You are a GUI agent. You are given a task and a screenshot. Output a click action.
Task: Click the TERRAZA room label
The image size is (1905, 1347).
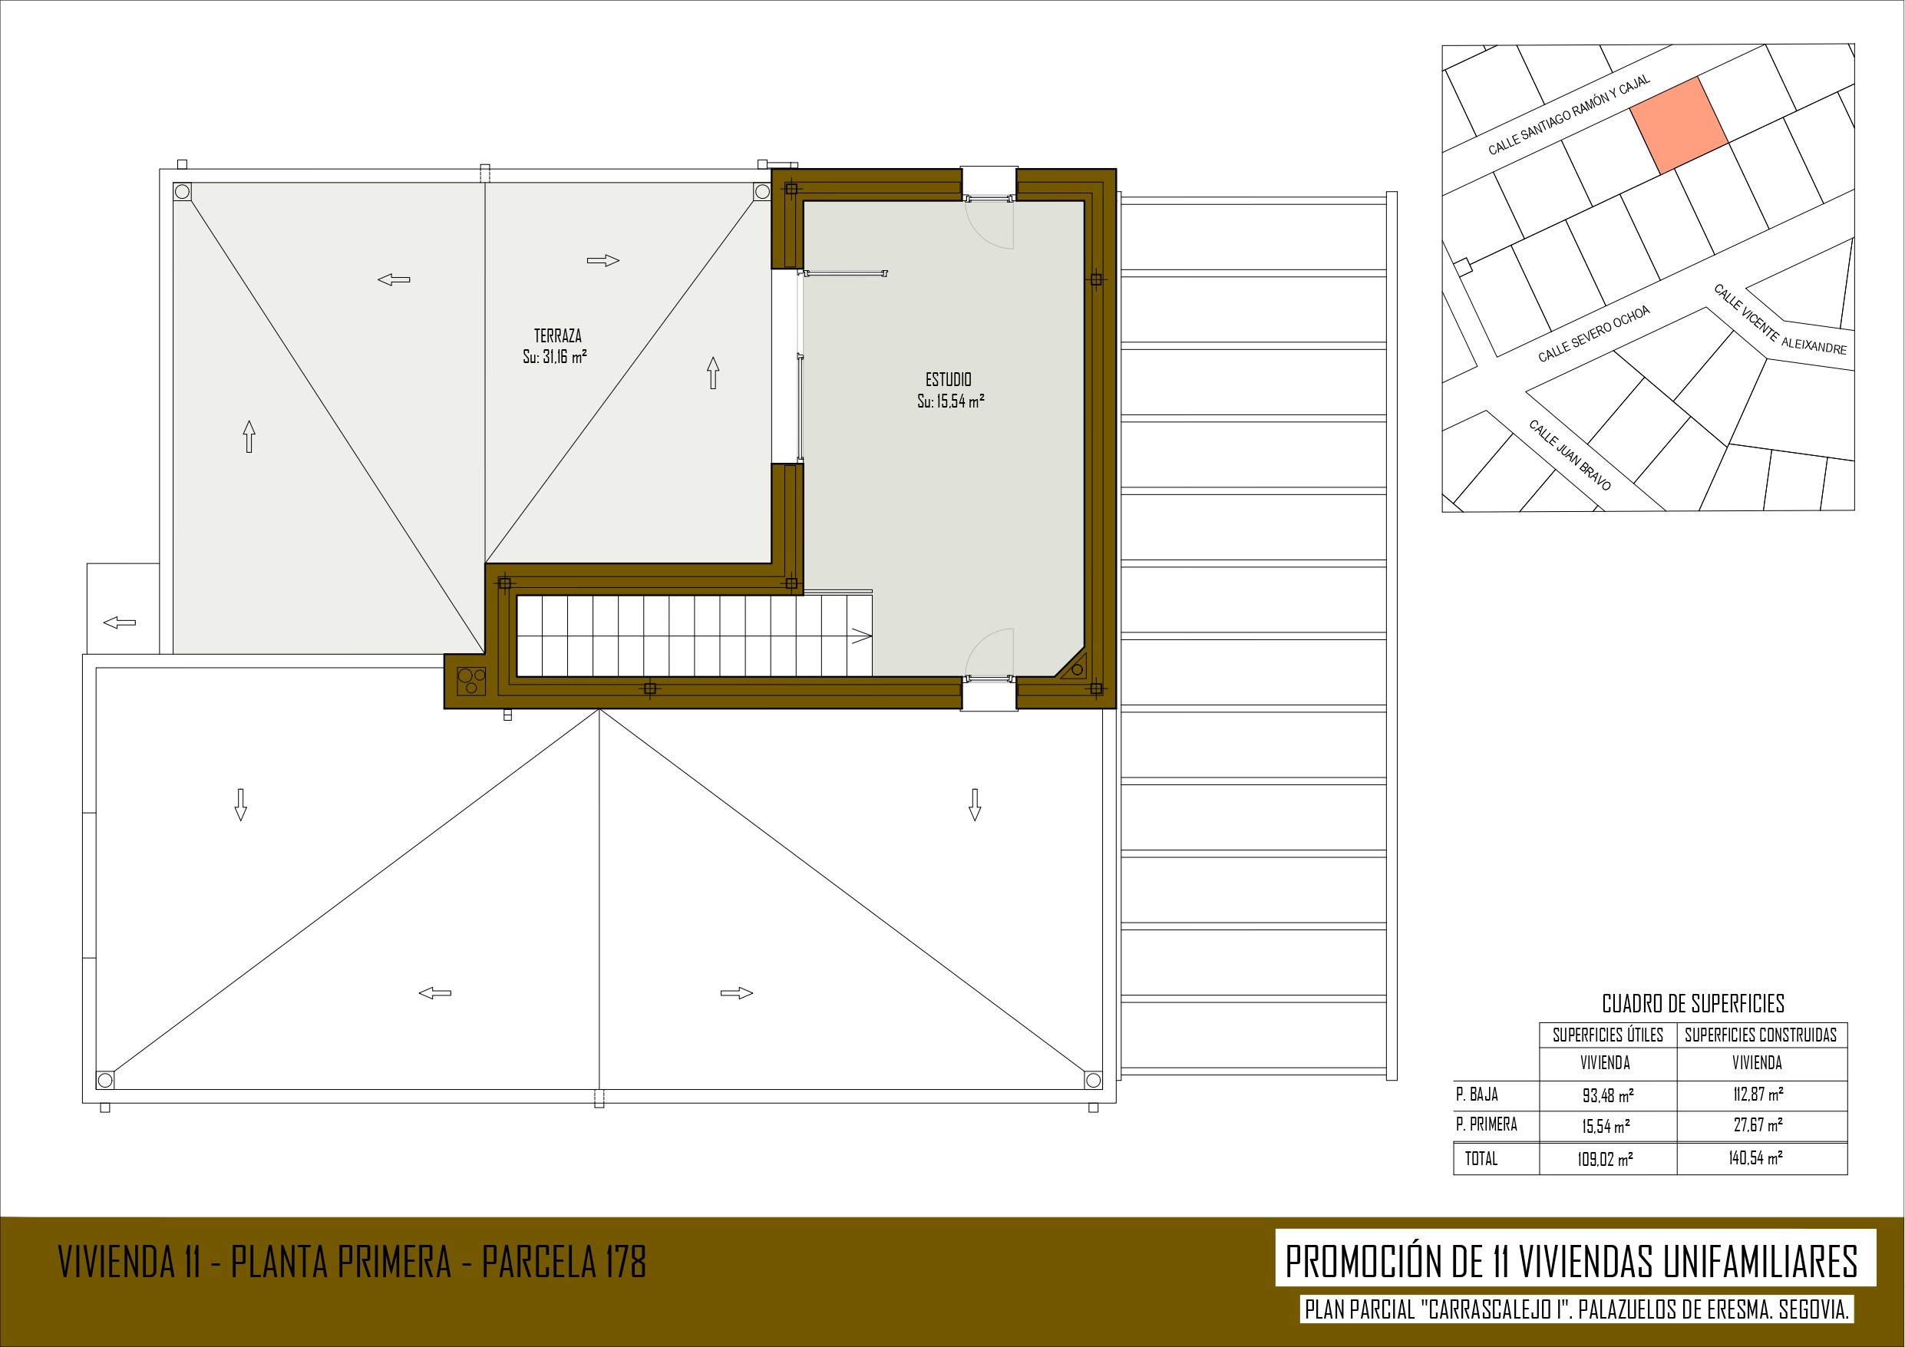557,336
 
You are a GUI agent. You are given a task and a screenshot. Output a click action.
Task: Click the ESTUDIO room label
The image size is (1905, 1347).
949,379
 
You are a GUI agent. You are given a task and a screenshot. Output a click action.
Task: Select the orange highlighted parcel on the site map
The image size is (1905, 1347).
1679,125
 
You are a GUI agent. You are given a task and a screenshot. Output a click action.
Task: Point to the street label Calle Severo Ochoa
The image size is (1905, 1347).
1594,334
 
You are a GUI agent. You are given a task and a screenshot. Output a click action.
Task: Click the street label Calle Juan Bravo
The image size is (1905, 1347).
1570,455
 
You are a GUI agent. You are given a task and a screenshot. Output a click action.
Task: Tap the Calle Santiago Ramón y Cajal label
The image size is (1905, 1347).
1569,114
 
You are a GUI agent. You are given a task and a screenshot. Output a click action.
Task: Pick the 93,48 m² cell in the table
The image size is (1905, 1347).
1608,1095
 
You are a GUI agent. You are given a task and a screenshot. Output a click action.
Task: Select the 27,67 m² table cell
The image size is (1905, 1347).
1758,1125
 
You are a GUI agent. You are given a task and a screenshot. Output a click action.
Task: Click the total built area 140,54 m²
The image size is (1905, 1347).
1755,1157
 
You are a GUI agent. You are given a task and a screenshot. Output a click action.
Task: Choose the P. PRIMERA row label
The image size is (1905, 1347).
1486,1124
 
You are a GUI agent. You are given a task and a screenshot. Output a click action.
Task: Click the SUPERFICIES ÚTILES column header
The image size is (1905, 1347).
1608,1035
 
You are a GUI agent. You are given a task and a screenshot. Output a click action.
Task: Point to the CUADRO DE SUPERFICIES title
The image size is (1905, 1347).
1692,1004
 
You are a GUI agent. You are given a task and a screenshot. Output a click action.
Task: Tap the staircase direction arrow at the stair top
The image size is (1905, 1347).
860,636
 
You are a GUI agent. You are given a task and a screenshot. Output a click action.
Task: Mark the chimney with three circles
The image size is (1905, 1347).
471,682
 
